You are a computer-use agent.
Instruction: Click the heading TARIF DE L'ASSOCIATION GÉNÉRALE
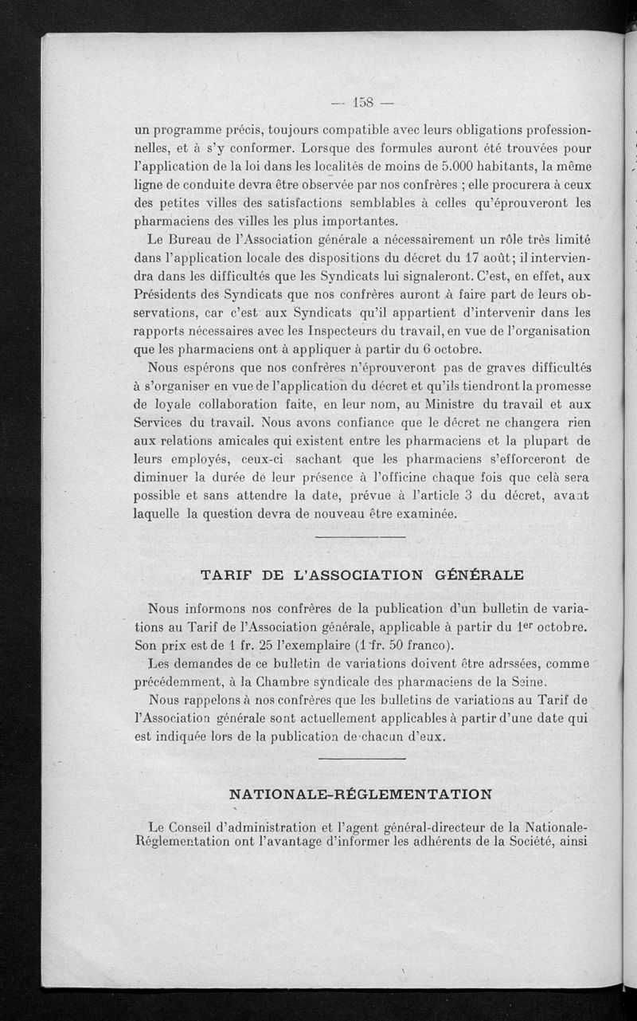tap(362, 575)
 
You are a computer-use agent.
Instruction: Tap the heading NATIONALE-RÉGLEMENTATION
tap(361, 794)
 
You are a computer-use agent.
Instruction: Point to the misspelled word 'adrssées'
tap(492, 663)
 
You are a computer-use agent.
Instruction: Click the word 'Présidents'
tap(169, 294)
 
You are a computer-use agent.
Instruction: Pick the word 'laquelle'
tap(158, 514)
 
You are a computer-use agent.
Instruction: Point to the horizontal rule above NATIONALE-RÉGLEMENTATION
tap(362, 758)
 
